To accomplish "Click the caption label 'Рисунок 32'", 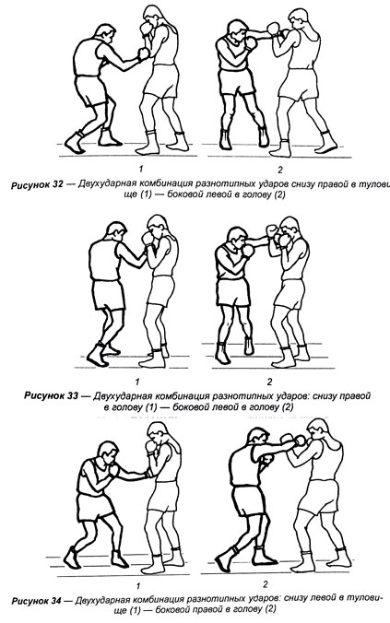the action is click(x=37, y=185).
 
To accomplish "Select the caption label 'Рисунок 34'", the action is click(x=37, y=600).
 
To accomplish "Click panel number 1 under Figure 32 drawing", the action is click(x=141, y=170).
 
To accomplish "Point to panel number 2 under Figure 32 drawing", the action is click(x=280, y=170).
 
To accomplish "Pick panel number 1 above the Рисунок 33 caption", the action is click(x=137, y=382).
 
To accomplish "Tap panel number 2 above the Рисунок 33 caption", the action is click(x=269, y=382).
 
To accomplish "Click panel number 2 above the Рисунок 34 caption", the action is click(x=266, y=584).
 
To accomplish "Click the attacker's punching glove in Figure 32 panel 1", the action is click(x=143, y=53).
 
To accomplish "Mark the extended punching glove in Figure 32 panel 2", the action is click(x=273, y=29).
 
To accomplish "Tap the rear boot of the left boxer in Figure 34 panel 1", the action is click(x=72, y=557).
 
